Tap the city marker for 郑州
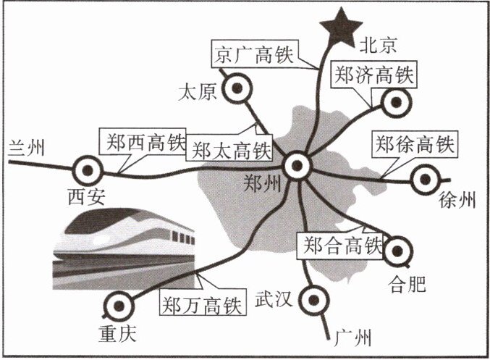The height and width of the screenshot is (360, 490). [x=297, y=167]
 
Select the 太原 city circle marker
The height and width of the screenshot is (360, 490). [x=235, y=91]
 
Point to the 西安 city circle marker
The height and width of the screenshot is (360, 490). [x=88, y=170]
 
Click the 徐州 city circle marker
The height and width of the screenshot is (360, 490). [x=424, y=178]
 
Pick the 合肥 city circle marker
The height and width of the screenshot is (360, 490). [x=397, y=252]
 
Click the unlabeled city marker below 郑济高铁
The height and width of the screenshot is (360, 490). [x=395, y=104]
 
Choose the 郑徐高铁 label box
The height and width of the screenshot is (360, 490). [x=414, y=144]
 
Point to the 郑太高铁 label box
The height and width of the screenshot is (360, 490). [x=229, y=151]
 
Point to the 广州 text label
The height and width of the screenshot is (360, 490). [x=354, y=337]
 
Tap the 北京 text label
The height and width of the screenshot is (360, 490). [x=379, y=46]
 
